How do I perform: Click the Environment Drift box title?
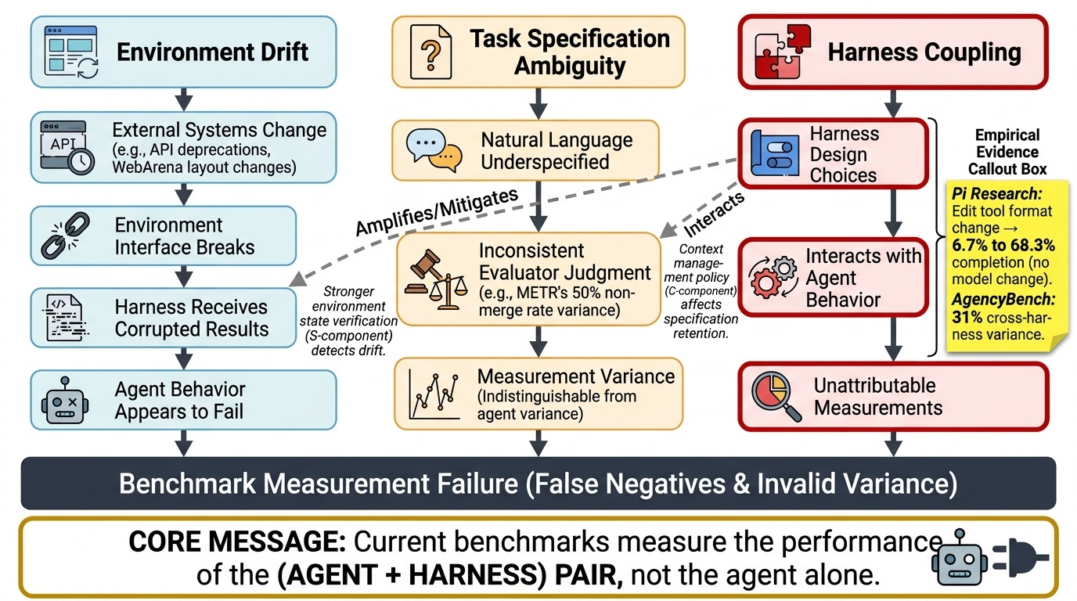(x=212, y=52)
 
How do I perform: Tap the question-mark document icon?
(x=430, y=52)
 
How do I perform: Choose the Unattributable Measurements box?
(x=892, y=397)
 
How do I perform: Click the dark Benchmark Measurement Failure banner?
(x=538, y=484)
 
